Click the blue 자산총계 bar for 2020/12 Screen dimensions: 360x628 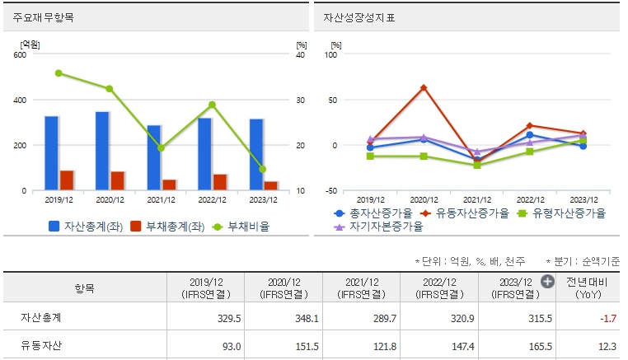[x=102, y=152]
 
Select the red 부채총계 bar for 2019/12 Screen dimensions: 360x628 [x=67, y=180]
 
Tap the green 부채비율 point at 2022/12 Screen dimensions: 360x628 [x=212, y=105]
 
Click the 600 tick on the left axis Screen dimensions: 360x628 [x=19, y=55]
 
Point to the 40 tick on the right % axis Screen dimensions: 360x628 [x=301, y=55]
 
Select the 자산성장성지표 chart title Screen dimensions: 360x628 [x=359, y=17]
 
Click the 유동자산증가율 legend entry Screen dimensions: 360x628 [x=466, y=213]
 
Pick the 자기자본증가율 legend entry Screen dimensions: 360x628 [x=378, y=226]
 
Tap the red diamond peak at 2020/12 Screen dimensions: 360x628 [x=424, y=87]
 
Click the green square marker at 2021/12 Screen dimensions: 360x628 [x=476, y=165]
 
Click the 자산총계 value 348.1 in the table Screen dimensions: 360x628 [x=282, y=317]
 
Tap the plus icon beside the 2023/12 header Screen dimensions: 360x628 [x=546, y=282]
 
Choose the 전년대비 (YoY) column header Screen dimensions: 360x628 [x=588, y=288]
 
